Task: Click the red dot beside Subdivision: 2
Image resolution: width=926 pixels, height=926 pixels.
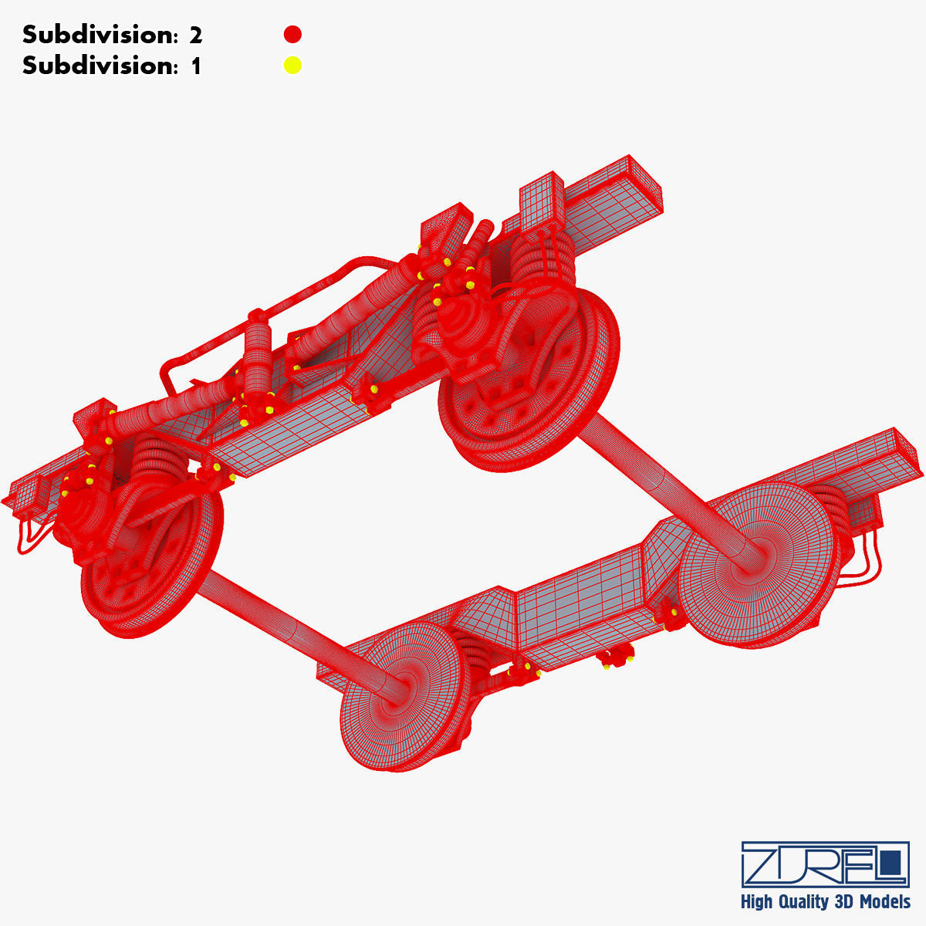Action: (292, 35)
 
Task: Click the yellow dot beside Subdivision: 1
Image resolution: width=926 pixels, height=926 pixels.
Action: (292, 66)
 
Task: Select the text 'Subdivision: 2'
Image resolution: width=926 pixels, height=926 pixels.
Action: (112, 35)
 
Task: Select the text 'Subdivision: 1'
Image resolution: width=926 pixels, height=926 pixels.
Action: (112, 66)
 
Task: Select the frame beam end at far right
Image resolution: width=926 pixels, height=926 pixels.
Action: (895, 455)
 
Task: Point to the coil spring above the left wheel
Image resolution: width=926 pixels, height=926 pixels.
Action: (150, 463)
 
